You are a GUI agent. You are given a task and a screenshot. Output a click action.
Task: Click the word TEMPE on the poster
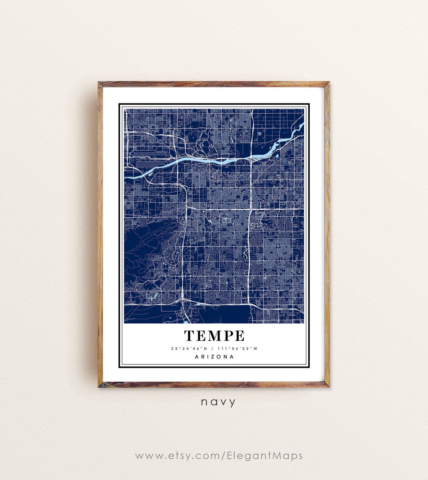[214, 336]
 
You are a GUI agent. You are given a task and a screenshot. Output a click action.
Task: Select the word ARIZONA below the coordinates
[214, 357]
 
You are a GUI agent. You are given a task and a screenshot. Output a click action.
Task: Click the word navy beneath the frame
[218, 402]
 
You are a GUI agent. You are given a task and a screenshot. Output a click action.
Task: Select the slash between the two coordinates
[213, 349]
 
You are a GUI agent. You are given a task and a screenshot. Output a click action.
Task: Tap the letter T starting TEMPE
[189, 336]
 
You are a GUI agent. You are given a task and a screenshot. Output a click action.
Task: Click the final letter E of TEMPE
[240, 336]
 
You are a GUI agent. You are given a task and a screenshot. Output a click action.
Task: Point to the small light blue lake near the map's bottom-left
[152, 298]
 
